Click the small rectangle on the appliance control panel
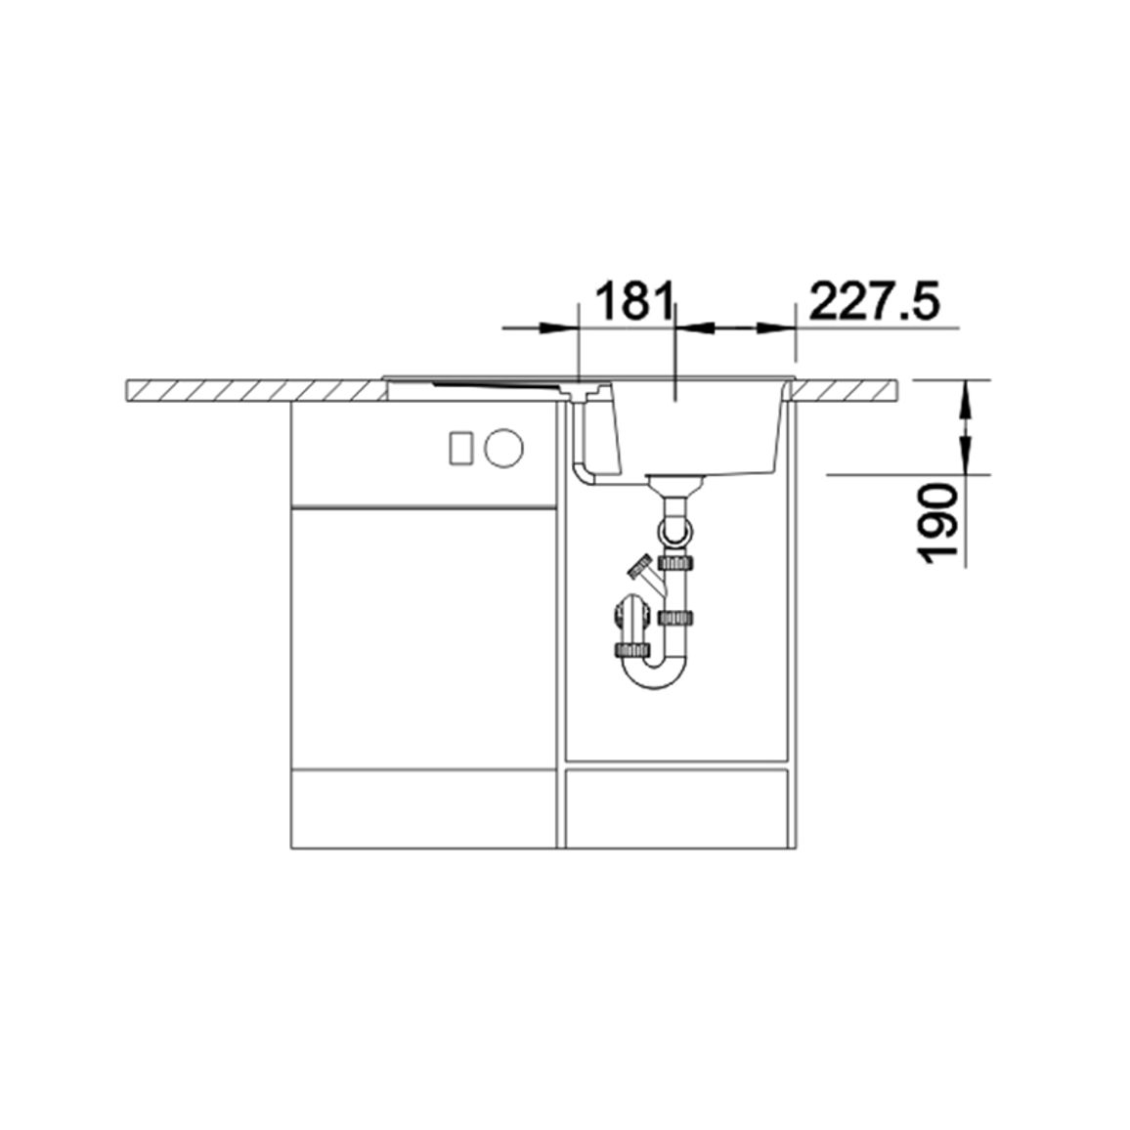[x=460, y=449]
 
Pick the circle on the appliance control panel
[x=503, y=448]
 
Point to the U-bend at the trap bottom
[x=654, y=672]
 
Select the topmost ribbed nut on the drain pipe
[x=676, y=561]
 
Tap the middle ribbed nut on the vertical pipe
[x=676, y=618]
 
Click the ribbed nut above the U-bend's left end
[x=631, y=650]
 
